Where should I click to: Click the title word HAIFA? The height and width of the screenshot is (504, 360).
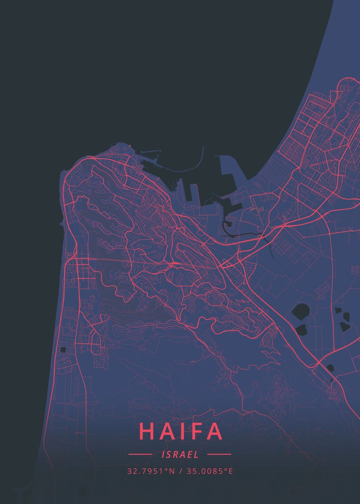(180, 431)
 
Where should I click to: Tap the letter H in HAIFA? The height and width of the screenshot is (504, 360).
(147, 431)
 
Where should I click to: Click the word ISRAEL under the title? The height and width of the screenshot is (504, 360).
(180, 454)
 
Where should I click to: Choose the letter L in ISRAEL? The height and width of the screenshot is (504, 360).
(196, 454)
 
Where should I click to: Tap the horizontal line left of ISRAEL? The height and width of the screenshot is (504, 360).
(140, 454)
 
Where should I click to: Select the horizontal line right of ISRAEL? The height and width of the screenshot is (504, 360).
(219, 454)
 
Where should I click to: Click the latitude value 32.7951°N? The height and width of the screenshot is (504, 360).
(151, 471)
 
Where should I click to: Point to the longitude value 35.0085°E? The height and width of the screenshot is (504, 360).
(209, 471)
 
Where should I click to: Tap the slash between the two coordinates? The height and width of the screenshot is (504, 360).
(180, 471)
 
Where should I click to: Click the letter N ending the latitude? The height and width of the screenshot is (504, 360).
(172, 471)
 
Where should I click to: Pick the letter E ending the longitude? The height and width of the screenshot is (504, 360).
(231, 471)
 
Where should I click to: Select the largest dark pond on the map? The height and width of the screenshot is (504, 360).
(300, 312)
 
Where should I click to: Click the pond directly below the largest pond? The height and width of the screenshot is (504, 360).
(301, 329)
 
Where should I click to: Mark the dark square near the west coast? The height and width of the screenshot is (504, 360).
(63, 350)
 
